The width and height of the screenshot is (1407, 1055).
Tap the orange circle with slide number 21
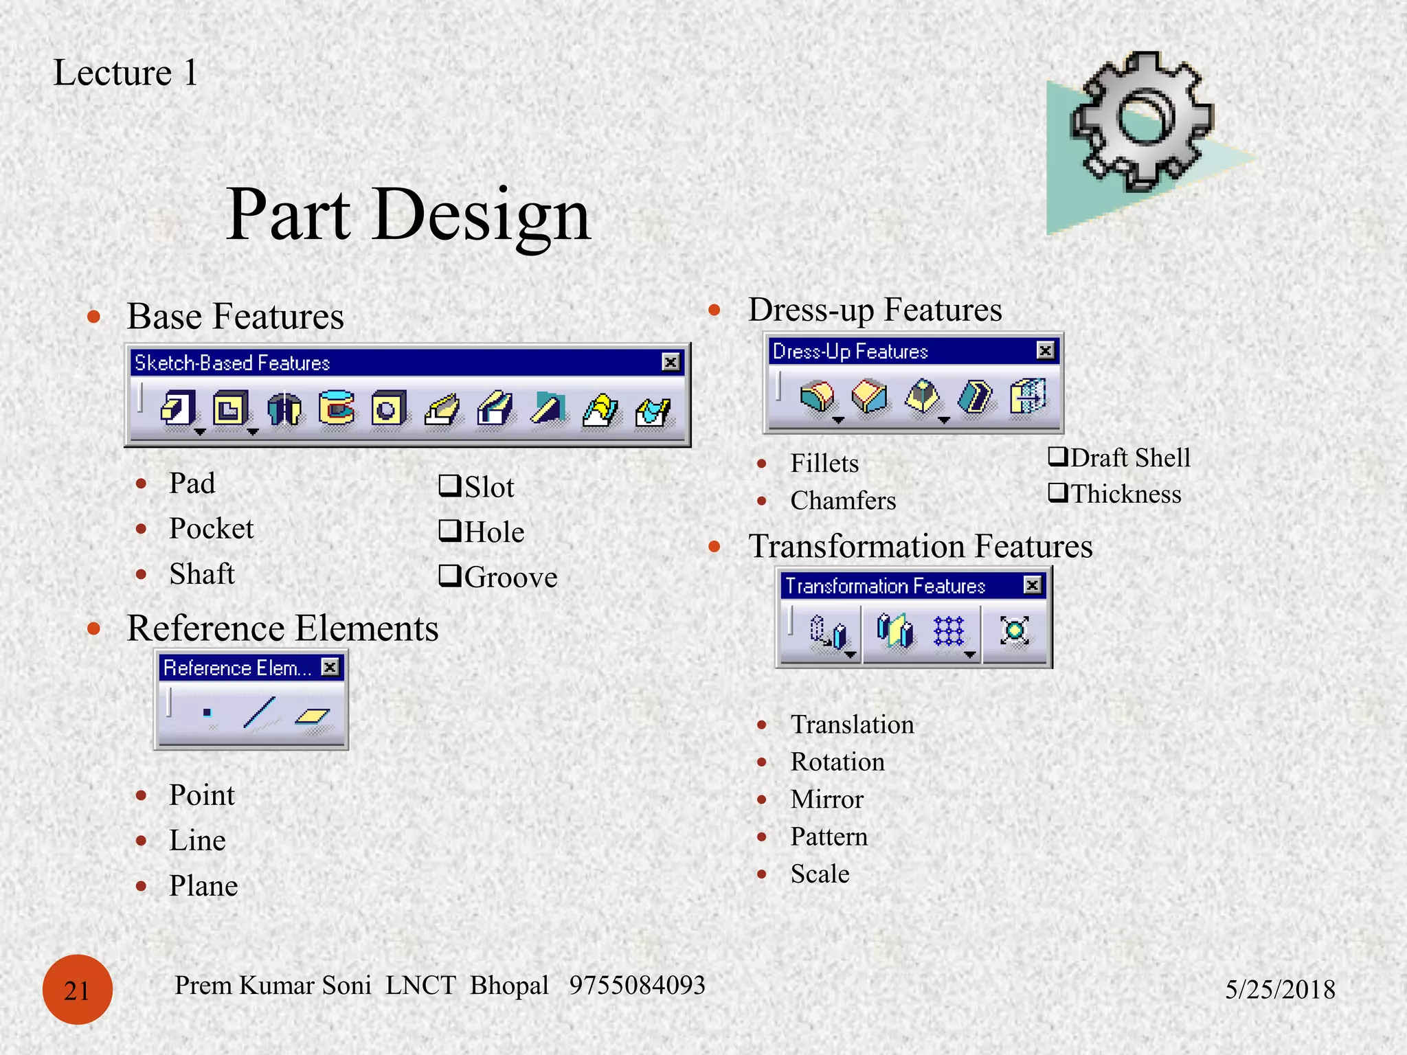tap(77, 990)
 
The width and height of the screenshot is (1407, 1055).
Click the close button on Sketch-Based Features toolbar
tap(671, 362)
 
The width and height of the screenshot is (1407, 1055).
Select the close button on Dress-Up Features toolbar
tap(1045, 351)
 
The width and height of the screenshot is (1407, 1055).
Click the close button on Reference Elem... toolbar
tap(330, 667)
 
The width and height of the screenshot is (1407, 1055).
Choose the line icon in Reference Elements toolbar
tap(260, 713)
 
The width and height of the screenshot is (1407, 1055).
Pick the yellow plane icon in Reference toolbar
tap(312, 716)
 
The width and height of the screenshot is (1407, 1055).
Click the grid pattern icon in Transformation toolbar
tap(949, 631)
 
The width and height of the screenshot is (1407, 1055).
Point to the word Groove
tap(510, 578)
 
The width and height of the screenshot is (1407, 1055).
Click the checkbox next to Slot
tap(449, 486)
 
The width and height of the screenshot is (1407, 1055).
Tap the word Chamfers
tap(843, 501)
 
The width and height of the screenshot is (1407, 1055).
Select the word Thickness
tap(1126, 494)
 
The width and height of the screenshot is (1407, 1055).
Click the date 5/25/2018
tap(1280, 990)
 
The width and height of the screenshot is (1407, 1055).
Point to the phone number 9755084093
tap(637, 985)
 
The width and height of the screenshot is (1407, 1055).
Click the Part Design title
tap(408, 215)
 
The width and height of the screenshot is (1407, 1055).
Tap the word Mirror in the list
tap(826, 799)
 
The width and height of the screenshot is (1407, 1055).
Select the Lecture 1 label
tap(126, 73)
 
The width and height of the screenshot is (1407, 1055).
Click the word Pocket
tap(211, 529)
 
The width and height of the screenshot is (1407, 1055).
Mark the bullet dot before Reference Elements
tap(94, 628)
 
